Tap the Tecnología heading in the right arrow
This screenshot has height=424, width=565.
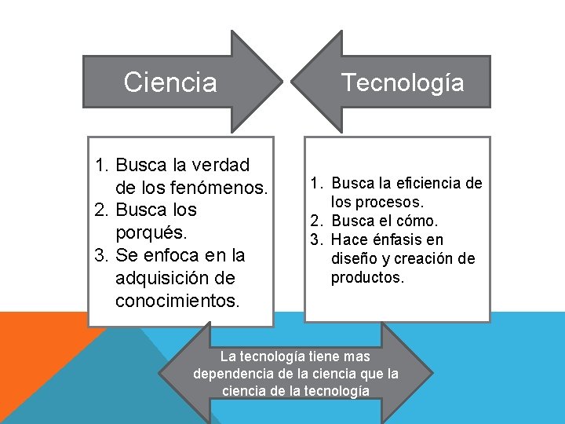click(402, 82)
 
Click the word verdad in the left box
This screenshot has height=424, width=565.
click(222, 165)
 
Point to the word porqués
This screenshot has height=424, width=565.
click(149, 233)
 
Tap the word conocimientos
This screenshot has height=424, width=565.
click(177, 301)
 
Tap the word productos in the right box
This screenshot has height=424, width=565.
click(367, 277)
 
